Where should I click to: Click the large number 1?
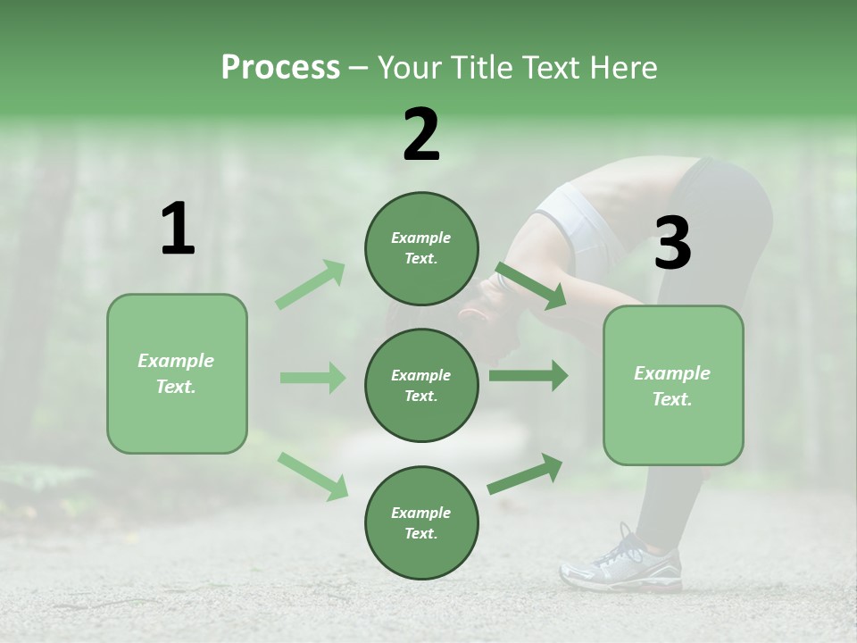178,230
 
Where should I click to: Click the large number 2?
421,135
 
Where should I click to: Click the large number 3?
672,244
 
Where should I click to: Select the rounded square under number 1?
177,373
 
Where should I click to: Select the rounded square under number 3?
673,385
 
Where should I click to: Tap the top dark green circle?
421,248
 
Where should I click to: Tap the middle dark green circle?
421,385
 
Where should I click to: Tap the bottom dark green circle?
421,522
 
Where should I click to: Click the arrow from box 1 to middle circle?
312,378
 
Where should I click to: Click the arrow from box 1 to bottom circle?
312,476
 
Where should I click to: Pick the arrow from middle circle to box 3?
528,376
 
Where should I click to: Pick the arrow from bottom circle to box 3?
525,474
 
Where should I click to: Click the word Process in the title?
280,68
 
